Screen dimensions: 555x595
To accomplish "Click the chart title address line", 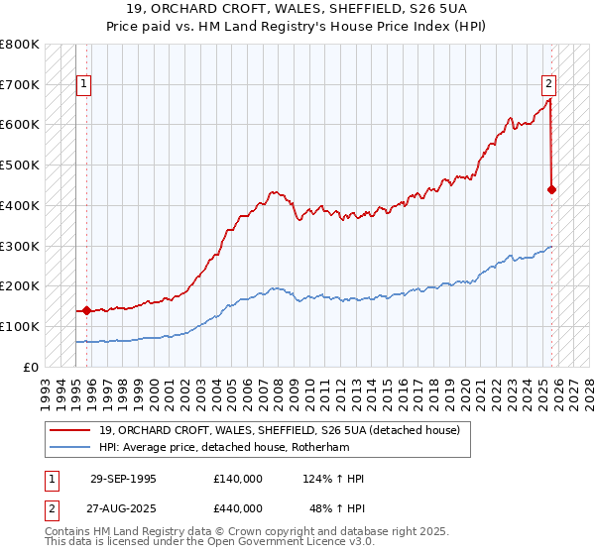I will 297,9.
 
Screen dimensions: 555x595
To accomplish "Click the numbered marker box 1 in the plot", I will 85,85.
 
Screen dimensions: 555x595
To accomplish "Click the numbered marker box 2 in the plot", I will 548,85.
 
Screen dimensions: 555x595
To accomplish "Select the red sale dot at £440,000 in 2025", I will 551,188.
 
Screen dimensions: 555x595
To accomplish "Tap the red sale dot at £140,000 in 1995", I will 86,310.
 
